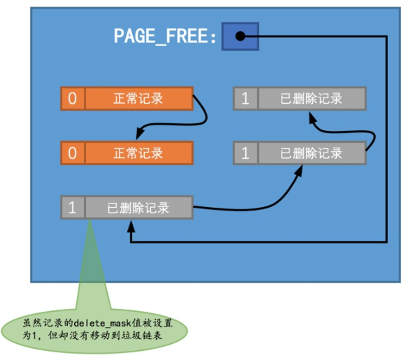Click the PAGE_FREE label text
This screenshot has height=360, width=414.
pyautogui.click(x=165, y=36)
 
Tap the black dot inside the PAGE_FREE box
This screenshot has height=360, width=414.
pyautogui.click(x=240, y=36)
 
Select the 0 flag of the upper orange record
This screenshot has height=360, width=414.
pyautogui.click(x=73, y=98)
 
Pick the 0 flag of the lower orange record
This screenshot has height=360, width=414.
pyautogui.click(x=73, y=153)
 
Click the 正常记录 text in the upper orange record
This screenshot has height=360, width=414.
pyautogui.click(x=138, y=98)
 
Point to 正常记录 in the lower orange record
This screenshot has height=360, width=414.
pyautogui.click(x=138, y=153)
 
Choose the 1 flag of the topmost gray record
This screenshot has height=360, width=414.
pyautogui.click(x=246, y=98)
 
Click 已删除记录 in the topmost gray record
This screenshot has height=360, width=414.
pyautogui.click(x=311, y=98)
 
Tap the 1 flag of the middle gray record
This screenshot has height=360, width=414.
pyautogui.click(x=246, y=153)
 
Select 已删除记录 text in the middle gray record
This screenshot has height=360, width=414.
pyautogui.click(x=311, y=153)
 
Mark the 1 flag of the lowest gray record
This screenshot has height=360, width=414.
pyautogui.click(x=73, y=207)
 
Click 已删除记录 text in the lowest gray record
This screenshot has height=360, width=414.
pyautogui.click(x=138, y=207)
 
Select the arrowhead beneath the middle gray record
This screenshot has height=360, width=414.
pyautogui.click(x=299, y=170)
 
